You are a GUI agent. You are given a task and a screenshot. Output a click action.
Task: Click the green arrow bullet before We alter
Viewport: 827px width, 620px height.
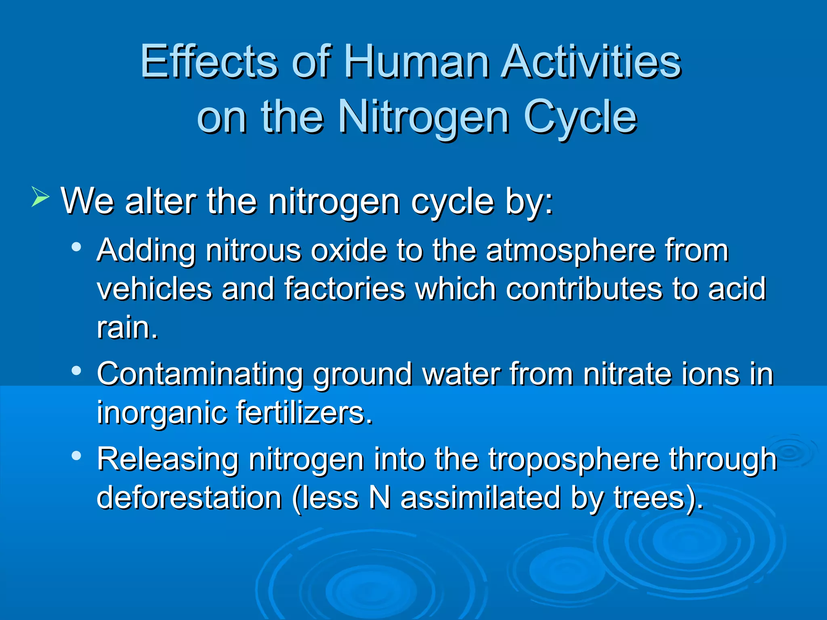tap(40, 198)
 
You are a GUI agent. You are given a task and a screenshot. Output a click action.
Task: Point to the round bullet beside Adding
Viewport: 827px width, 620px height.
tap(76, 247)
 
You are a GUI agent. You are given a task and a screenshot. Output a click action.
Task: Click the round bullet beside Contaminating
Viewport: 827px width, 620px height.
tap(76, 370)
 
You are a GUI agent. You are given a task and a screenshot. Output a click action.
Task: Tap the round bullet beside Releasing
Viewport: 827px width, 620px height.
tap(76, 456)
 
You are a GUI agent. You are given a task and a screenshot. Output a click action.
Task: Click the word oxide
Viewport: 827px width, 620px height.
tap(348, 251)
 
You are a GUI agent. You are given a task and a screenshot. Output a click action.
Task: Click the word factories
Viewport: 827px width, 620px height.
tap(344, 289)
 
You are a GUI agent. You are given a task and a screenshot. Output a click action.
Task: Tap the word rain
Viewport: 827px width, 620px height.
tap(126, 327)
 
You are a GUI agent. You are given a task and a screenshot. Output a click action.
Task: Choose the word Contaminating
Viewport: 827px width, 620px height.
tap(199, 374)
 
